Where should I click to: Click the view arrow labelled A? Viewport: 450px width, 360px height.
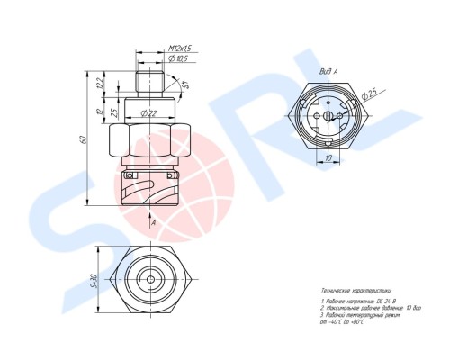pos(154,221)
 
